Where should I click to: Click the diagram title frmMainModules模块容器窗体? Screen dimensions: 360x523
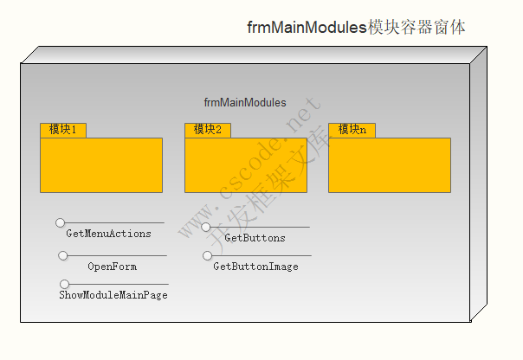click(x=356, y=28)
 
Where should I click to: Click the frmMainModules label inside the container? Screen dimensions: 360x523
click(x=245, y=103)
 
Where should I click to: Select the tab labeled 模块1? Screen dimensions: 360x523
click(x=63, y=130)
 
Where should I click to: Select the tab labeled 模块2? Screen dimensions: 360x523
click(x=208, y=130)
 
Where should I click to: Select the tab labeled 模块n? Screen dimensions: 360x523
click(x=352, y=130)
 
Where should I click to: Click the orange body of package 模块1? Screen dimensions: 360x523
click(x=101, y=164)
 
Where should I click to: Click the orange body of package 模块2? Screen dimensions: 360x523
click(x=246, y=164)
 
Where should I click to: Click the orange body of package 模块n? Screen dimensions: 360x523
click(x=390, y=164)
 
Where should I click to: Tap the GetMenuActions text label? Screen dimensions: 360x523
click(x=108, y=234)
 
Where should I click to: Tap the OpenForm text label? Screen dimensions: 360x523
click(x=112, y=267)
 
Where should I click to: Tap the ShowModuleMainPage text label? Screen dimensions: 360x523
click(x=113, y=295)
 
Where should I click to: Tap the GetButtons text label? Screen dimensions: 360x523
click(x=255, y=238)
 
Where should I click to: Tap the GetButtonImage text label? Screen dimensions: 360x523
click(x=255, y=267)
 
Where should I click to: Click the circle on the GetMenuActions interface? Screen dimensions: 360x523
click(x=61, y=223)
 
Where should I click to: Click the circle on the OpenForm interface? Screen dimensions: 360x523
click(x=63, y=255)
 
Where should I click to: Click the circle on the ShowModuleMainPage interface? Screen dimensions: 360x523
click(x=65, y=284)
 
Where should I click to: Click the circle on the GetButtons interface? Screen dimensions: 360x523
click(x=206, y=228)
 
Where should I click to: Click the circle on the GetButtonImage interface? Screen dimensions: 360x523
click(x=208, y=255)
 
